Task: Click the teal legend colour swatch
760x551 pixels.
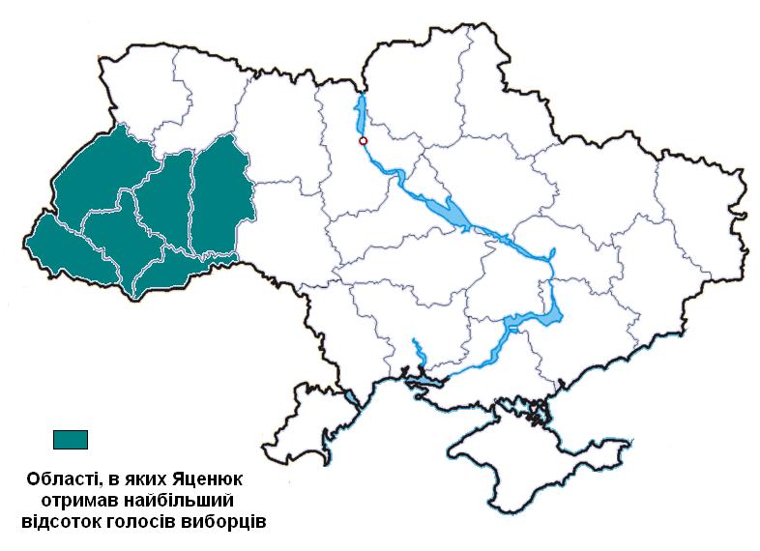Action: [70, 439]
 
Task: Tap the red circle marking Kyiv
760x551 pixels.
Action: [364, 141]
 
